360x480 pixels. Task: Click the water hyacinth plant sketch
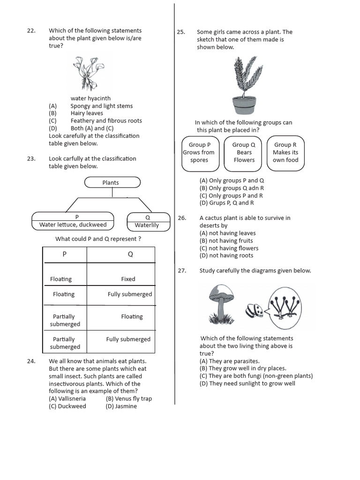tap(92, 73)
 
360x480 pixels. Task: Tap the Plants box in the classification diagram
tap(112, 182)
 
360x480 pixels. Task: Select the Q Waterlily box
tap(147, 221)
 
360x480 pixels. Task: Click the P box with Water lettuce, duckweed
tap(73, 221)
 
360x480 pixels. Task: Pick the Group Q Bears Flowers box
tap(244, 152)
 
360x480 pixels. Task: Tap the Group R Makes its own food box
tap(285, 152)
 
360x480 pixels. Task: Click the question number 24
tap(31, 361)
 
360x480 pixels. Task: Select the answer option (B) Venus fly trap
tap(128, 399)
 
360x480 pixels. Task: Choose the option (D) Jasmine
tap(121, 406)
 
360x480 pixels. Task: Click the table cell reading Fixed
tap(128, 279)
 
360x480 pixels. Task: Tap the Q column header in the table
tap(130, 255)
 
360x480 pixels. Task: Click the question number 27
tap(182, 270)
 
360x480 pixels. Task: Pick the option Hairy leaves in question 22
tap(87, 113)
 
